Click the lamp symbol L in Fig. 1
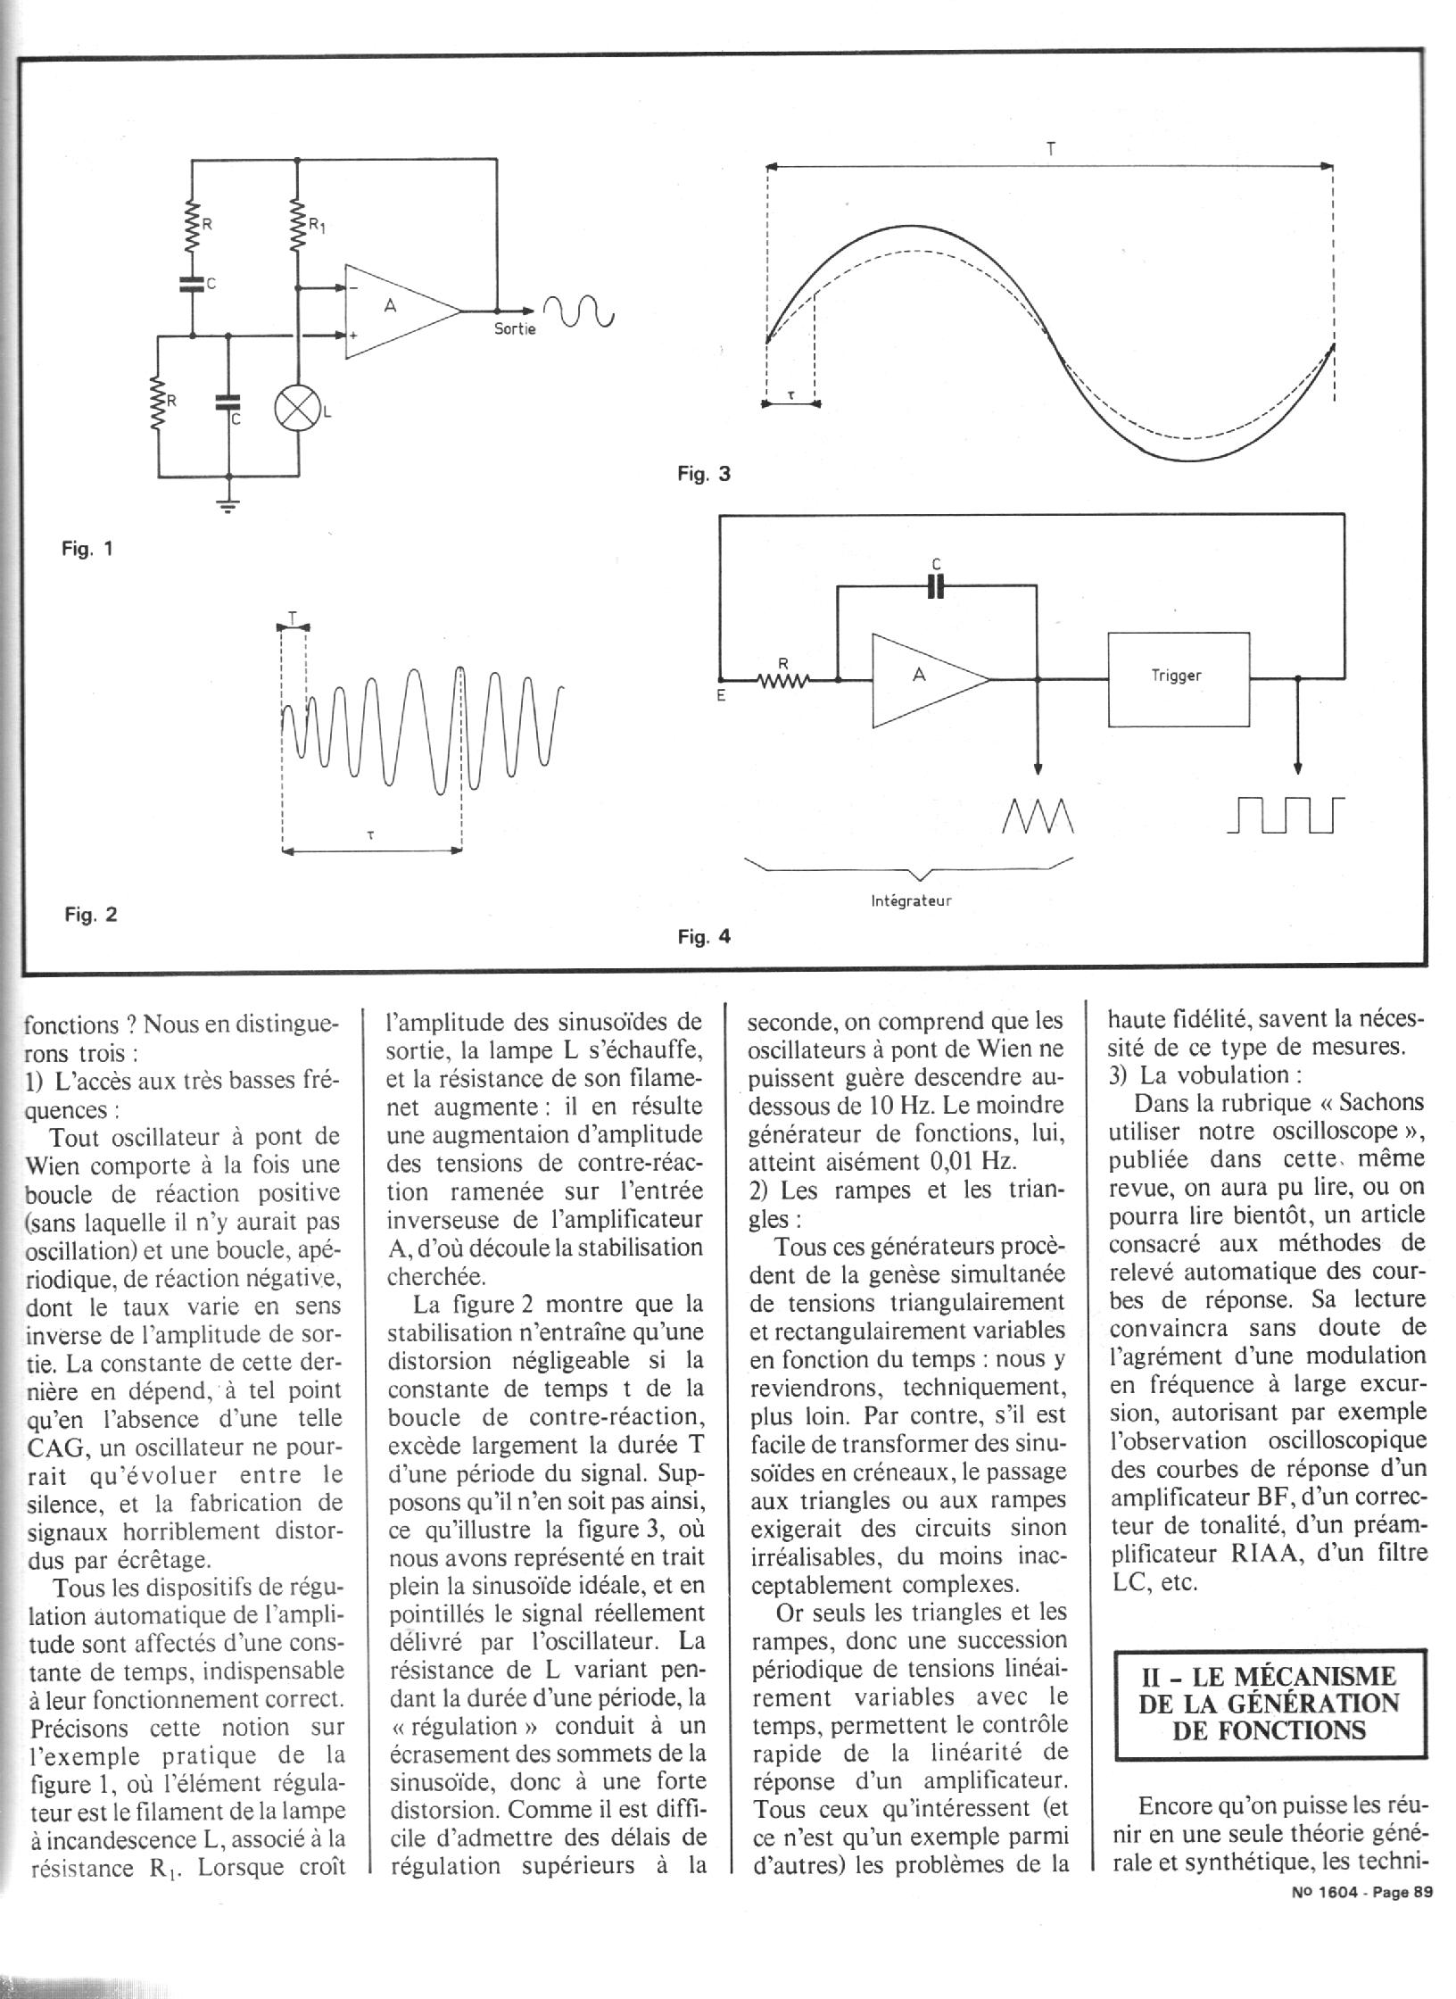(297, 410)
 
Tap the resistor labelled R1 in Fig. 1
(297, 228)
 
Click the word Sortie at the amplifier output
(515, 328)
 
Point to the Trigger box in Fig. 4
(1178, 678)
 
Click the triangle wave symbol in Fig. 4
(1038, 813)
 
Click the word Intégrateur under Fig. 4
(911, 900)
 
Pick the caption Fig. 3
(703, 474)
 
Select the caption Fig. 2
(90, 915)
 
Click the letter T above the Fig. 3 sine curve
(1051, 149)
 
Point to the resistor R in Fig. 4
(782, 682)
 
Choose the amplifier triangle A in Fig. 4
(923, 678)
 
